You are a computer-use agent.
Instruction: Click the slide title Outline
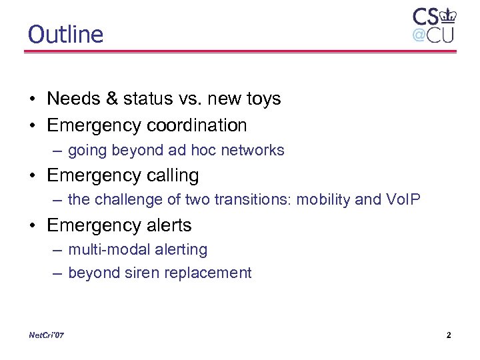65,34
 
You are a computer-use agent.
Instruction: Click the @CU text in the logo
433,35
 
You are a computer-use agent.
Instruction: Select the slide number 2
449,335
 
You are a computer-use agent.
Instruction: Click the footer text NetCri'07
47,335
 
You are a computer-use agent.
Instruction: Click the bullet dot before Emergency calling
33,176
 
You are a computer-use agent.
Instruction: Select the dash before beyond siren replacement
57,273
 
